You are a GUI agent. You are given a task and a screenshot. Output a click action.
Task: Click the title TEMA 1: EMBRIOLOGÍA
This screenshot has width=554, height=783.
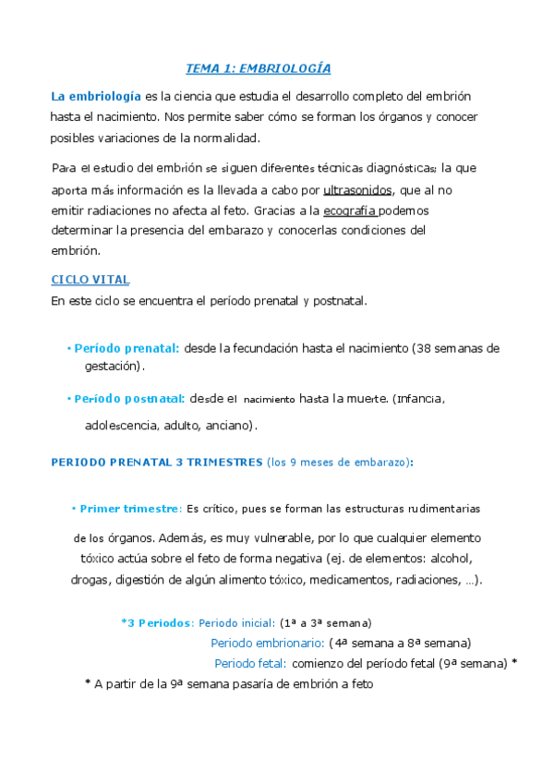click(x=259, y=68)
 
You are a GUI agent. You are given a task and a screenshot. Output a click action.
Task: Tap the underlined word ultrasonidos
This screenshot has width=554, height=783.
click(x=358, y=189)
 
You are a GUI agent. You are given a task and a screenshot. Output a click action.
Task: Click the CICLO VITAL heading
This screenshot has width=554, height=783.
click(x=90, y=279)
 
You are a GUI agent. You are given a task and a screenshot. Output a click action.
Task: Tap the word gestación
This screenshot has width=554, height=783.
click(x=114, y=366)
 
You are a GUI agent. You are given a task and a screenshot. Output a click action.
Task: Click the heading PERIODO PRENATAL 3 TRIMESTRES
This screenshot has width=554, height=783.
click(x=156, y=462)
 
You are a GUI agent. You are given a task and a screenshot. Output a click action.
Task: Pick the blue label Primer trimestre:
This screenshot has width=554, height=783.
click(x=130, y=509)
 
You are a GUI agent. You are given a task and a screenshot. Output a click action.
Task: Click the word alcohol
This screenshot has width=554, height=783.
click(x=448, y=559)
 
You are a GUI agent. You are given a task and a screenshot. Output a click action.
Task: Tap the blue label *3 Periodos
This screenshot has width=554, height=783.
click(x=157, y=622)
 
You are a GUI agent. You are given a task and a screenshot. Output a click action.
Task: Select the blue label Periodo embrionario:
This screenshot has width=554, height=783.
click(x=267, y=643)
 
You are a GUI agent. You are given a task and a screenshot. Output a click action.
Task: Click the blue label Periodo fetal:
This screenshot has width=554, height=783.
click(x=250, y=663)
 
